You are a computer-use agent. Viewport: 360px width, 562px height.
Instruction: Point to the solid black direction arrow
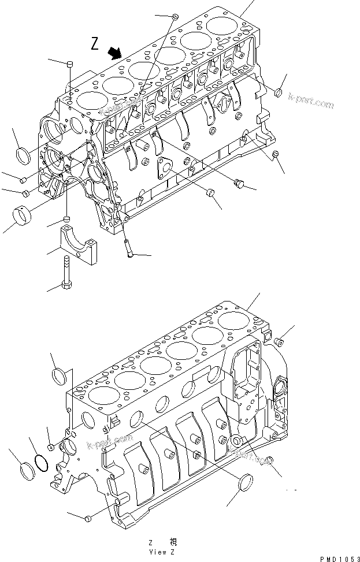[x=117, y=53]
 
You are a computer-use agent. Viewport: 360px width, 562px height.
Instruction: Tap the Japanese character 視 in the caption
[x=173, y=542]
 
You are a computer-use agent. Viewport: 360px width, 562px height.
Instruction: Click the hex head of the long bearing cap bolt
[x=65, y=285]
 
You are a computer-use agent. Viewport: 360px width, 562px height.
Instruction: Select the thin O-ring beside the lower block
[x=41, y=462]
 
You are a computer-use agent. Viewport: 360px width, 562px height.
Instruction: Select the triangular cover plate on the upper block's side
[x=165, y=167]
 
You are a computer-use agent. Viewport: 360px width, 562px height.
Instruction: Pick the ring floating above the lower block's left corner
[x=60, y=376]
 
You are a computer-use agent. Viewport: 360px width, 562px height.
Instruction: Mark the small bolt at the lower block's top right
[x=279, y=340]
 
